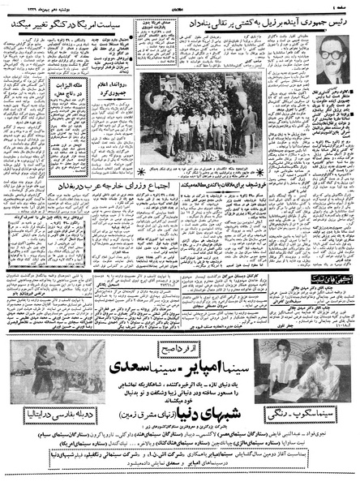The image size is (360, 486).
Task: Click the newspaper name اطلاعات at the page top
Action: click(x=179, y=7)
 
